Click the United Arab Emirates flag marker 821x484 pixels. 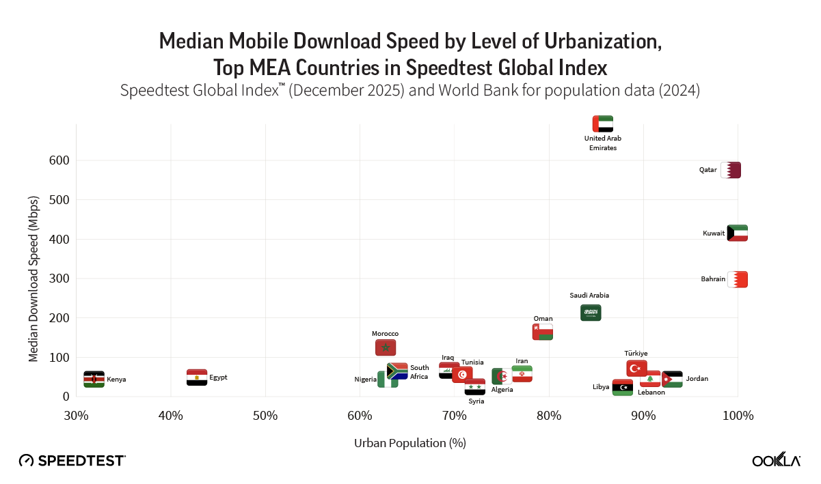(x=603, y=124)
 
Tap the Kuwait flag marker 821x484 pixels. (x=737, y=233)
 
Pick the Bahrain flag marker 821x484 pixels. (x=737, y=279)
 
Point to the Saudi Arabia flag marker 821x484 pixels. (x=591, y=313)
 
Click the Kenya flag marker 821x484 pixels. (x=94, y=380)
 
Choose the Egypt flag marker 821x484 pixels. (x=197, y=378)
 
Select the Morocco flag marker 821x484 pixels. (x=386, y=347)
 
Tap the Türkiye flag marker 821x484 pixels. (x=636, y=369)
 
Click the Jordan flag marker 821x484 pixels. (x=672, y=379)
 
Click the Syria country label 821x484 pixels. (x=476, y=401)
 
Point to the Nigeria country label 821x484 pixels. (x=365, y=380)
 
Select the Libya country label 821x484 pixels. (x=601, y=387)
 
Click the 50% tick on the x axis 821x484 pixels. (x=265, y=416)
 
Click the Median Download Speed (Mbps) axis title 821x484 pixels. (x=33, y=279)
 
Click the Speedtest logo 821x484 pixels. (x=72, y=461)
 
